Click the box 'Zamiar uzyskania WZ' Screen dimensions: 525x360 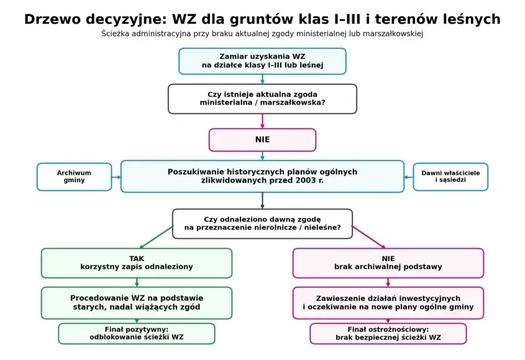point(262,61)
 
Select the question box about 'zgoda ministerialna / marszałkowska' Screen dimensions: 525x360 point(262,99)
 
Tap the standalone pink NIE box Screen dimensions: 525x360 point(262,140)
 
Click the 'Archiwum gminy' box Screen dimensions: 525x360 point(74,177)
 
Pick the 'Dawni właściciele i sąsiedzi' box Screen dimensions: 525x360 point(450,177)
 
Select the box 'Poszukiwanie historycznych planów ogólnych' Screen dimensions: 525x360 point(262,176)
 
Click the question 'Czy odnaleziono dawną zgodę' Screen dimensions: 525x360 point(262,224)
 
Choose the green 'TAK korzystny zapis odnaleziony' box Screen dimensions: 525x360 point(137,263)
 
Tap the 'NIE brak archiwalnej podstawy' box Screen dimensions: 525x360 point(388,263)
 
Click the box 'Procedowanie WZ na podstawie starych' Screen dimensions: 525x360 point(137,303)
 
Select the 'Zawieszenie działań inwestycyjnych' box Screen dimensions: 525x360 point(388,303)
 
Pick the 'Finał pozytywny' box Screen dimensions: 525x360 point(137,334)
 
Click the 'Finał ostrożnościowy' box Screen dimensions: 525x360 point(388,334)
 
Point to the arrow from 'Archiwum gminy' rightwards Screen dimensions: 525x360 point(116,177)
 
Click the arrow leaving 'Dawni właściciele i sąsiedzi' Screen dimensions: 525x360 point(409,177)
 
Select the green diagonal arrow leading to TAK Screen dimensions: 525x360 point(156,237)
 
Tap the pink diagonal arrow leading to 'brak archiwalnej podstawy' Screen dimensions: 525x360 point(369,237)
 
